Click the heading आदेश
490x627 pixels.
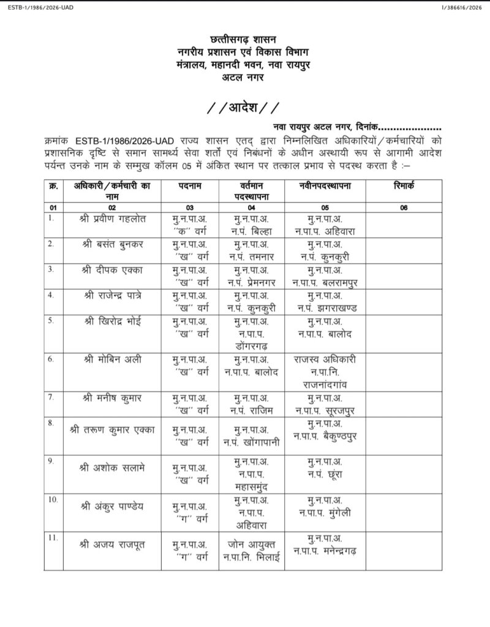tap(243, 108)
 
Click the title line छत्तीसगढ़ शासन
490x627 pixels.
tap(243, 40)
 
